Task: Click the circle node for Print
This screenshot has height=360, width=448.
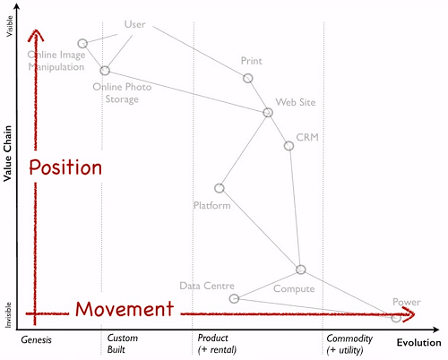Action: (x=247, y=75)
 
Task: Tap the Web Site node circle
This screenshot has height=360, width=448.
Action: (x=268, y=108)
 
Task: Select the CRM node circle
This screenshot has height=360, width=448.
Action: (x=289, y=142)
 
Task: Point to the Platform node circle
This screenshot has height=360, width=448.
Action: (x=220, y=184)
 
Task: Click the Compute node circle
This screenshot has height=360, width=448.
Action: (x=301, y=266)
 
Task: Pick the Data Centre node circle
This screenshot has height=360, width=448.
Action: (x=234, y=295)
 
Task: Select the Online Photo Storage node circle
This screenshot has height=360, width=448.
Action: (x=105, y=67)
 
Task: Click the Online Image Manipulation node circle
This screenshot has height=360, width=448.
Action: (x=82, y=39)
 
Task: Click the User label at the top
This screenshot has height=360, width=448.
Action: (x=135, y=24)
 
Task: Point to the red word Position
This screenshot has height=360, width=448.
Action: (x=65, y=167)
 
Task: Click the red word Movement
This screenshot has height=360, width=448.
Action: (x=125, y=309)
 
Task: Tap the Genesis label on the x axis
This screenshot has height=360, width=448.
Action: (x=36, y=340)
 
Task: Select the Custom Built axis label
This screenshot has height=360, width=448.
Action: (x=123, y=344)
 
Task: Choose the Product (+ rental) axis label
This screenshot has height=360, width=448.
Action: (x=217, y=344)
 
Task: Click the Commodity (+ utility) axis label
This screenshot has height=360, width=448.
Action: (x=349, y=344)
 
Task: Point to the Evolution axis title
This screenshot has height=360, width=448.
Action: (x=418, y=343)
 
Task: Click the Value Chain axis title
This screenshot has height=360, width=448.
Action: (x=7, y=153)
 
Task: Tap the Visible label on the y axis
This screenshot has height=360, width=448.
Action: (x=10, y=26)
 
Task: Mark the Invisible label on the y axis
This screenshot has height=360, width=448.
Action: (x=8, y=315)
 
